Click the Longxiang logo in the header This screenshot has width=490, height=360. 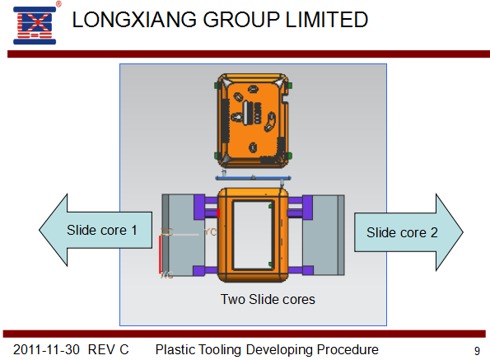(35, 26)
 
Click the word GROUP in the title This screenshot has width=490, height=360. (241, 20)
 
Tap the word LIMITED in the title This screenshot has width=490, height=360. (327, 20)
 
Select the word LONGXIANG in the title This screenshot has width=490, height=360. (134, 20)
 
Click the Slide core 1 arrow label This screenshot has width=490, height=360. (102, 231)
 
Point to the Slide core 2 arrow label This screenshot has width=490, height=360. (402, 232)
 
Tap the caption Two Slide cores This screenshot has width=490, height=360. (268, 299)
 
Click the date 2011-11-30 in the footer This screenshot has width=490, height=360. (46, 349)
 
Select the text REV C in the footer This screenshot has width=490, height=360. (108, 349)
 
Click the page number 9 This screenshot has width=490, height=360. (477, 351)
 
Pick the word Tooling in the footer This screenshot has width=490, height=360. (220, 349)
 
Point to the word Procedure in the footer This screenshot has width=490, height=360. (348, 349)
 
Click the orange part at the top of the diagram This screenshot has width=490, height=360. (253, 120)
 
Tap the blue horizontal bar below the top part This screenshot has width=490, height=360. (253, 178)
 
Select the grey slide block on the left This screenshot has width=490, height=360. (183, 235)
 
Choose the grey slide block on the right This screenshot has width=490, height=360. (324, 235)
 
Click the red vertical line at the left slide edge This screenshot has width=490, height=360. (160, 254)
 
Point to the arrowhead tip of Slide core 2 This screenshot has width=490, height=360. (463, 232)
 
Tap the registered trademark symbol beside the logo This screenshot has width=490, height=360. (58, 4)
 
